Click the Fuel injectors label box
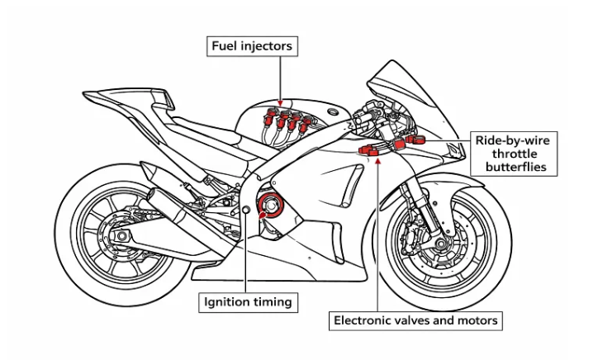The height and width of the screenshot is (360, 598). pyautogui.click(x=252, y=46)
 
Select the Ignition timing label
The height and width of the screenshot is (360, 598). pyautogui.click(x=248, y=302)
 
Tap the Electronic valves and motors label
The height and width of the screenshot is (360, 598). pyautogui.click(x=415, y=320)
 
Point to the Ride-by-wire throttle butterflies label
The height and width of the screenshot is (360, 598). pyautogui.click(x=512, y=154)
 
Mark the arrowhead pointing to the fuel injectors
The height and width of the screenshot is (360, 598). pyautogui.click(x=280, y=99)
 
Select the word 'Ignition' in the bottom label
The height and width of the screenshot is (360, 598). pyautogui.click(x=228, y=302)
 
